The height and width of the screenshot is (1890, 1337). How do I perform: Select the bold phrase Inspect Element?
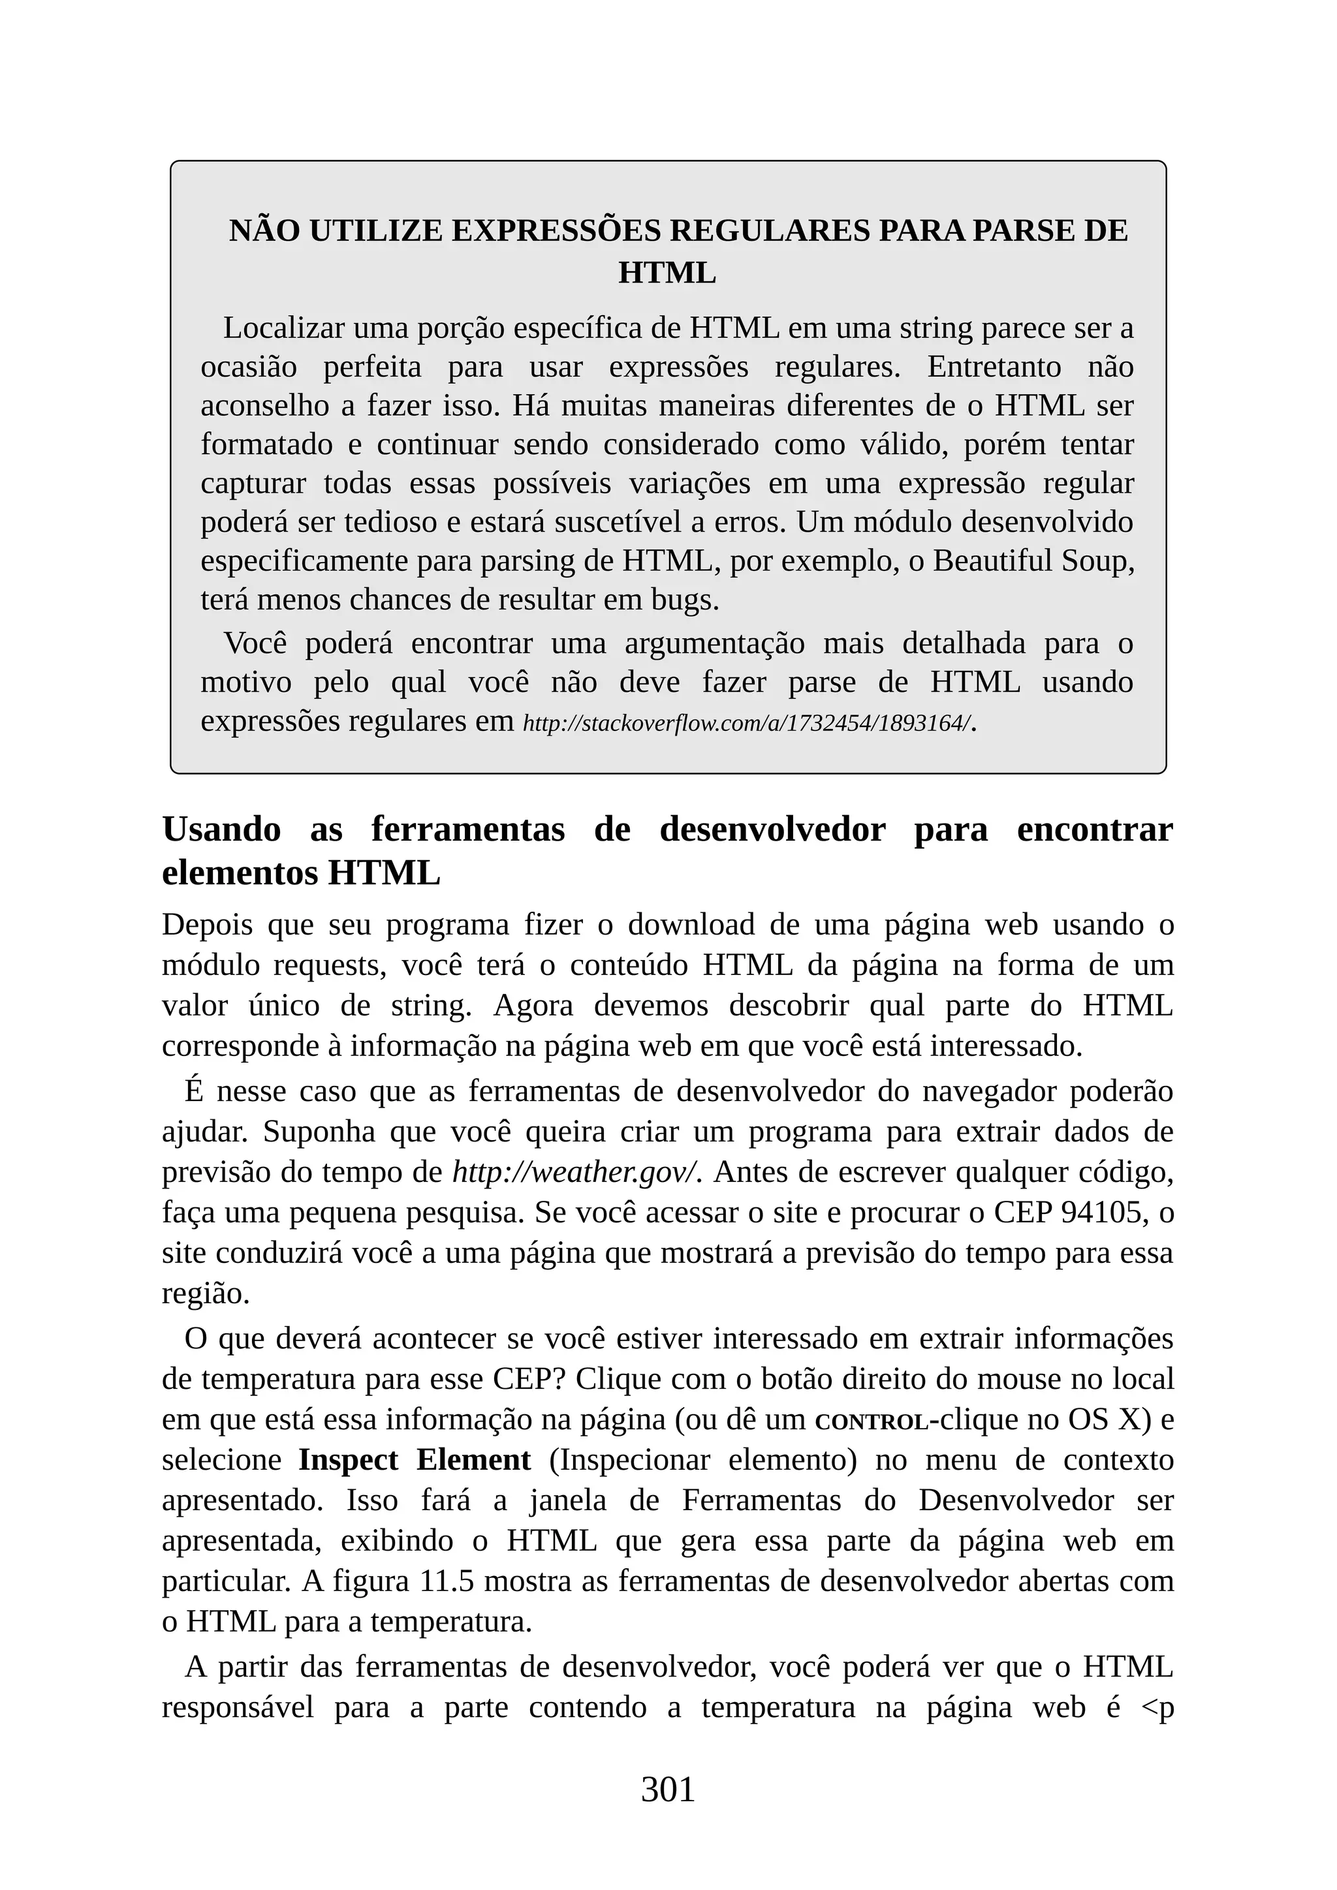click(414, 1459)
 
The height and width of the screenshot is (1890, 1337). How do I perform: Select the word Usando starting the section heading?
click(221, 829)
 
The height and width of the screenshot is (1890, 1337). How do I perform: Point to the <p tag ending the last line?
click(1157, 1707)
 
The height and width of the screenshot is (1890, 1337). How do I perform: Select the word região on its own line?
click(205, 1294)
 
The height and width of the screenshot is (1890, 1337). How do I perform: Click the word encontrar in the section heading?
click(1094, 829)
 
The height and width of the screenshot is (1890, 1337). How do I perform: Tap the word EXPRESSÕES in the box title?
click(556, 231)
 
